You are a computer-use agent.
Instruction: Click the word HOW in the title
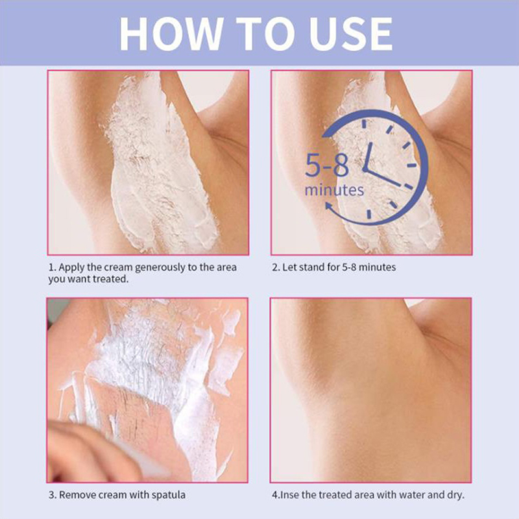(171, 34)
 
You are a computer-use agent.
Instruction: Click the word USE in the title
(351, 34)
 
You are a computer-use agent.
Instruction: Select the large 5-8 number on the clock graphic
(327, 165)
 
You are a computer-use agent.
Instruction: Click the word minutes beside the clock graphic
(334, 190)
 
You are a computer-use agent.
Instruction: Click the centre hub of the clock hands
(365, 169)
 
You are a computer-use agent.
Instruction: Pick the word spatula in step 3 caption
(169, 496)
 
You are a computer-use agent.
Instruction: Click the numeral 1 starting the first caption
(51, 267)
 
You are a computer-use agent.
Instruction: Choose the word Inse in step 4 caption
(289, 495)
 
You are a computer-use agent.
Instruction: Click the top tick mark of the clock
(365, 124)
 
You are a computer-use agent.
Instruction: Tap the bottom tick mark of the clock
(369, 214)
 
